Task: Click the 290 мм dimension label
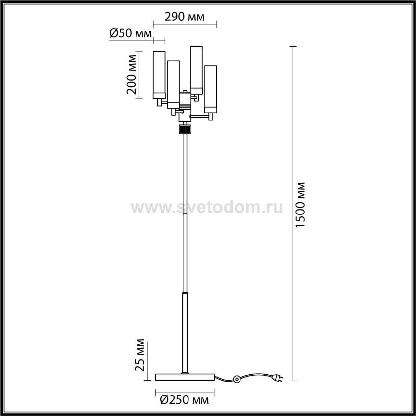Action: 184,17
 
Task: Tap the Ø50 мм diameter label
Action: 131,33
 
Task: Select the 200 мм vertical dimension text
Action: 132,75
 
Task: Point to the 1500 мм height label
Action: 300,205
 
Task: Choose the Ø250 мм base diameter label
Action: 184,400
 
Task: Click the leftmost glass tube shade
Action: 159,75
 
